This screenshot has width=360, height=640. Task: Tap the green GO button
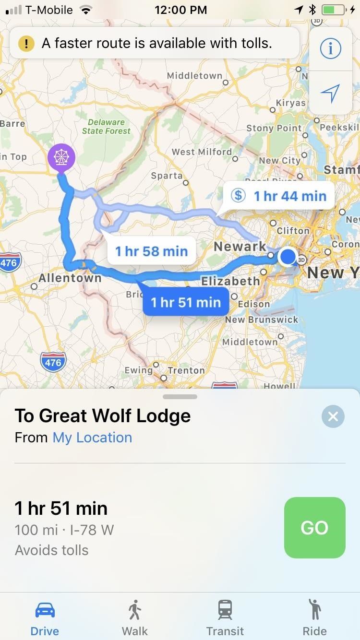click(314, 528)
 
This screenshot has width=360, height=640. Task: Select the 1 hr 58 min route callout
click(151, 251)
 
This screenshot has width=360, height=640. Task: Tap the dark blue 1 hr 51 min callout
click(186, 302)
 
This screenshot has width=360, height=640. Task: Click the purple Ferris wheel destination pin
click(61, 157)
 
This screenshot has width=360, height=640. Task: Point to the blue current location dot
click(288, 257)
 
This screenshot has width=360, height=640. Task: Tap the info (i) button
click(330, 48)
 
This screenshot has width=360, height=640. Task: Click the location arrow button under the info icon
click(330, 93)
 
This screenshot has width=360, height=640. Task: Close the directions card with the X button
click(333, 416)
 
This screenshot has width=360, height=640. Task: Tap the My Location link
click(92, 438)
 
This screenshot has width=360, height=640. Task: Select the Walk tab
click(135, 618)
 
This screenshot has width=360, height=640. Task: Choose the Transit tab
click(225, 618)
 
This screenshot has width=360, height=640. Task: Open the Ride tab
click(314, 618)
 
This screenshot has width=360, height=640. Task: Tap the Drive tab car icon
click(45, 610)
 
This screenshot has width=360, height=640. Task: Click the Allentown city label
click(70, 278)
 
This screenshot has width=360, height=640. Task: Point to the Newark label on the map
click(240, 247)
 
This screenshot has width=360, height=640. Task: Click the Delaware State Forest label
click(106, 127)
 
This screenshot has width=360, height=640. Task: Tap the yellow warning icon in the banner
click(26, 44)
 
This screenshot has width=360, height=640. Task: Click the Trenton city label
click(186, 370)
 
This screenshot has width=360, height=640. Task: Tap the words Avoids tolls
click(52, 550)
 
